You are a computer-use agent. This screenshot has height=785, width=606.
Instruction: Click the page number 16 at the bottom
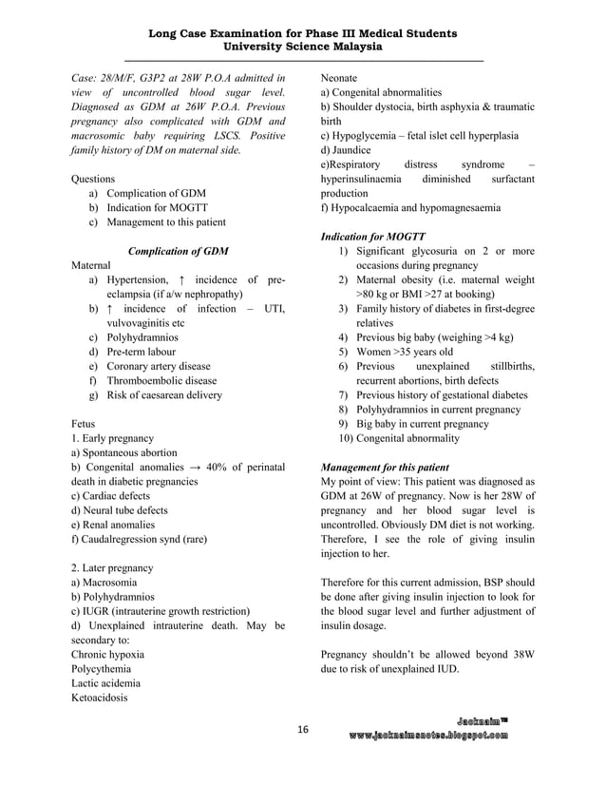click(x=303, y=729)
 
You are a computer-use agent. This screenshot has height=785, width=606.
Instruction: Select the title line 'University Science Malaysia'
click(x=303, y=47)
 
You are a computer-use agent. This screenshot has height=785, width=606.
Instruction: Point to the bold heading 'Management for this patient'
click(x=385, y=468)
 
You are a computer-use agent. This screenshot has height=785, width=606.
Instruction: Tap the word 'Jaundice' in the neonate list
click(x=351, y=150)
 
